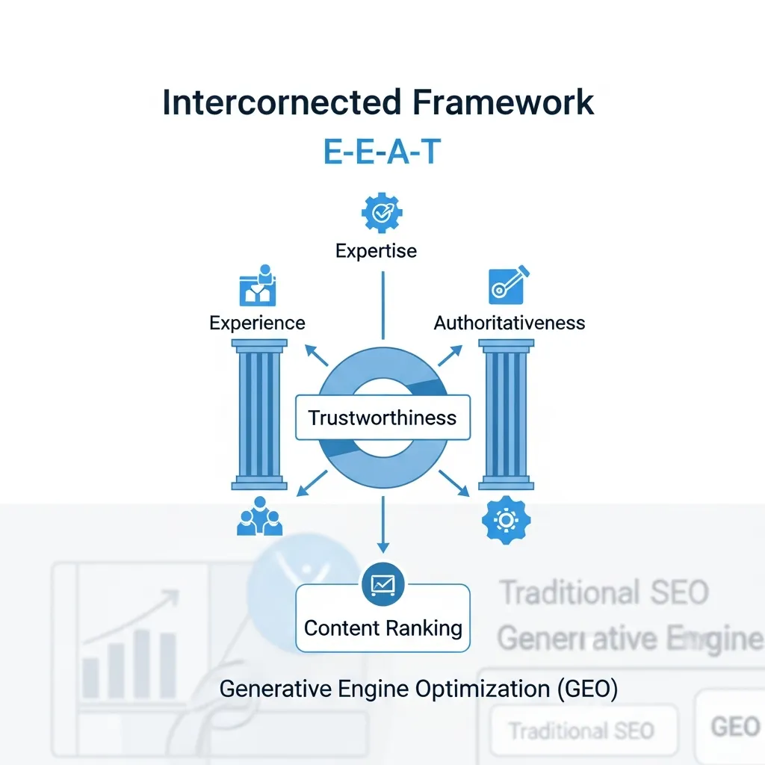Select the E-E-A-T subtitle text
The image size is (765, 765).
(x=382, y=152)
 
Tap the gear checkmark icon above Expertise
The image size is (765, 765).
(x=382, y=213)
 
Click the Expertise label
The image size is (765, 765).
(x=377, y=250)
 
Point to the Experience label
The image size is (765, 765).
(x=257, y=323)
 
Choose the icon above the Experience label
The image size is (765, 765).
(x=258, y=285)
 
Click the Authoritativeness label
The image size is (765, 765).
(x=510, y=323)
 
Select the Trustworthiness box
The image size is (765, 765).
(x=382, y=417)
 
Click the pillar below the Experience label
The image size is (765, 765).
(x=258, y=415)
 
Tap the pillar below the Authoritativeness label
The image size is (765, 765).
(x=506, y=415)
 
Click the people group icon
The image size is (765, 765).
(x=259, y=517)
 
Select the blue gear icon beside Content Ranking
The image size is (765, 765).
(x=506, y=519)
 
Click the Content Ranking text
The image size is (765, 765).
(x=382, y=628)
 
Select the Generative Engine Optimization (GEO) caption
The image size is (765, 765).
(x=418, y=689)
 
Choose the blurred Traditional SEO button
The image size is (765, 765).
(x=582, y=730)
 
